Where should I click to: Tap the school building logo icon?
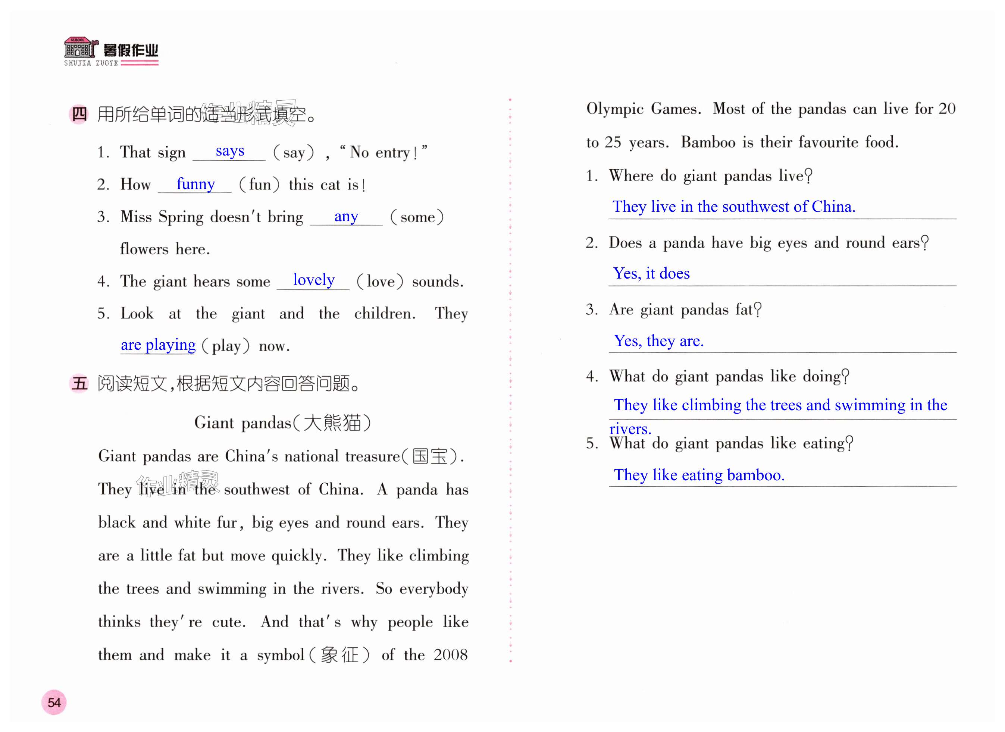click(x=79, y=48)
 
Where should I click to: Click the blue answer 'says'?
click(x=230, y=151)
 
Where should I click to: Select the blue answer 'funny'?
click(x=195, y=183)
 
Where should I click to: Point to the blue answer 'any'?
click(x=346, y=216)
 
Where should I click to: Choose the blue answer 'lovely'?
click(x=313, y=280)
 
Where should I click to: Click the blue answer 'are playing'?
click(x=158, y=345)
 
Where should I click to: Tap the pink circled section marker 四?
click(x=79, y=114)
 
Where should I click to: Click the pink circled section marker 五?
click(x=79, y=383)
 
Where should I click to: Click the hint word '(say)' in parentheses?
click(x=294, y=153)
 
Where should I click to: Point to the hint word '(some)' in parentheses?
click(x=417, y=217)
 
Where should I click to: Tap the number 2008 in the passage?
click(x=450, y=655)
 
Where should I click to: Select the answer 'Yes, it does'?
click(x=651, y=273)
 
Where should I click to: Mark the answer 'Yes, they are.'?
click(x=658, y=341)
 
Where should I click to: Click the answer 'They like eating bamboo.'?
click(x=699, y=475)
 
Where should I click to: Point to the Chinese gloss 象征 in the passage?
click(x=339, y=655)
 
